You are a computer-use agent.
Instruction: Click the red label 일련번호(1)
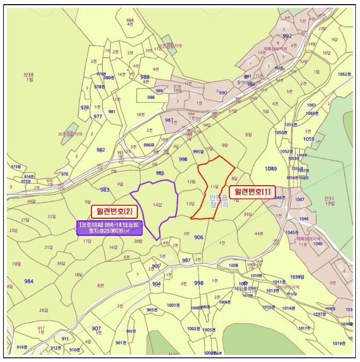click(x=252, y=191)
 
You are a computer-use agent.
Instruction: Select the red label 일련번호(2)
click(x=113, y=211)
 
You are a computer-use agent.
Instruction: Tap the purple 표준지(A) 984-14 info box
click(x=109, y=228)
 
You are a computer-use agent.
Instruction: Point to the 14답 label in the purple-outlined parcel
click(x=158, y=205)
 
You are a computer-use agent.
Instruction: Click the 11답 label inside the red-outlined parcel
click(x=215, y=186)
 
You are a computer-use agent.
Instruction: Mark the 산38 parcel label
click(x=28, y=77)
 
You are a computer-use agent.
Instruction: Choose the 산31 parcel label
click(x=330, y=201)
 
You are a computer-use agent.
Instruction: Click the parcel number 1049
click(x=271, y=169)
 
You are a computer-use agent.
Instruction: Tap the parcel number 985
click(x=160, y=173)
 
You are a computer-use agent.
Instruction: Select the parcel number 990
click(x=223, y=93)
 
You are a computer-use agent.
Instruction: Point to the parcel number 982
click(x=100, y=149)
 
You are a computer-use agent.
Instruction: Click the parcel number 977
click(x=98, y=116)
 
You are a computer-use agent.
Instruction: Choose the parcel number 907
click(x=96, y=328)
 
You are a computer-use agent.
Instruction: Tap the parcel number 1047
click(x=300, y=199)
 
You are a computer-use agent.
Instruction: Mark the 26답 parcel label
click(x=43, y=310)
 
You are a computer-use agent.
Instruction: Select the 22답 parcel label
click(x=51, y=216)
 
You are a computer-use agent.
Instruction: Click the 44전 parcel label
click(x=258, y=234)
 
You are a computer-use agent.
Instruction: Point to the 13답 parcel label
click(x=190, y=204)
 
